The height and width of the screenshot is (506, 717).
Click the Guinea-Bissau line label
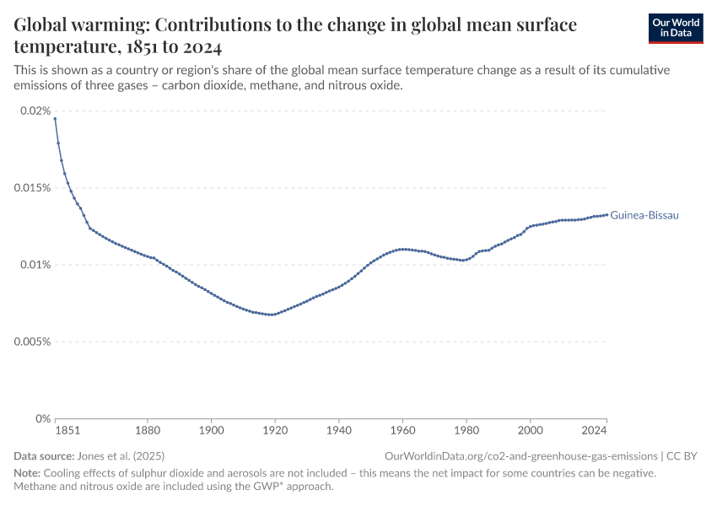(x=644, y=215)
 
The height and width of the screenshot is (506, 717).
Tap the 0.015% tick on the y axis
(x=32, y=187)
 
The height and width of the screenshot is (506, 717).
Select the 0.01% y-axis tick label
(x=35, y=265)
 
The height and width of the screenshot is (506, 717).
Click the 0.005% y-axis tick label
(x=32, y=342)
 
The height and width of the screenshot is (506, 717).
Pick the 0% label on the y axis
(x=41, y=418)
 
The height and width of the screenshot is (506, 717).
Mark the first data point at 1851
(x=55, y=119)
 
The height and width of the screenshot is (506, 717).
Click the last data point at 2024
(x=606, y=214)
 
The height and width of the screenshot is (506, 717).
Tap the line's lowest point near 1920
(x=272, y=315)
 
